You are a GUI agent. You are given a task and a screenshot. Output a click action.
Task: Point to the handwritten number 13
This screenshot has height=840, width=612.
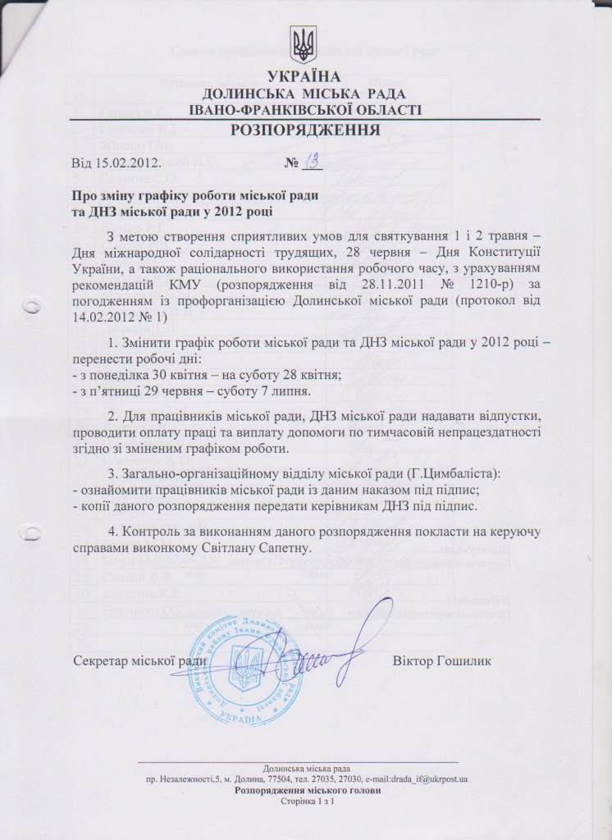[312, 161]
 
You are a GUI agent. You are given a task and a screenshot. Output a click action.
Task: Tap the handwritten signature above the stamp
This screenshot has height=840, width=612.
[336, 648]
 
